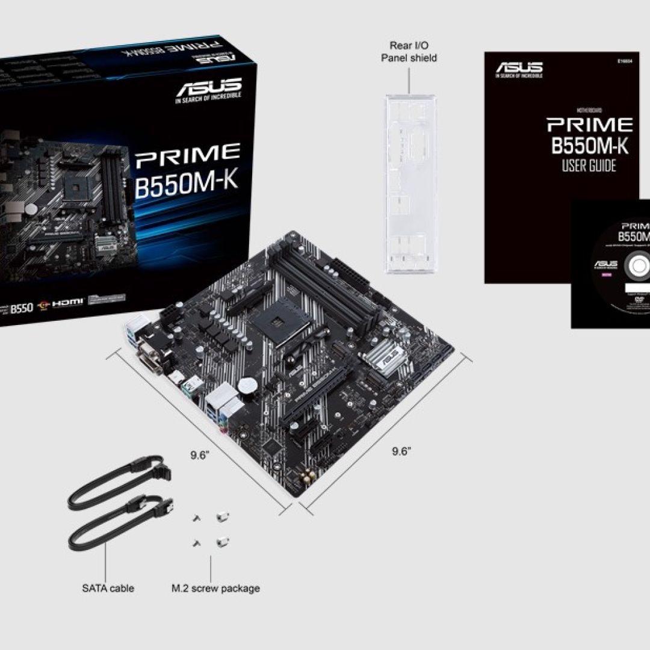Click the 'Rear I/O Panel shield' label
point(409,51)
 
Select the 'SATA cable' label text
point(108,588)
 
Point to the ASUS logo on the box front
point(208,90)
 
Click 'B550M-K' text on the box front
point(186,183)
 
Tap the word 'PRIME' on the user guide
point(589,125)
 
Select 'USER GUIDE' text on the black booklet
point(589,165)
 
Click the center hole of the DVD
point(639,265)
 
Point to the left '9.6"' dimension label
point(199,455)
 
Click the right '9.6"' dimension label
point(401,451)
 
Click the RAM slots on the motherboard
point(313,283)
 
